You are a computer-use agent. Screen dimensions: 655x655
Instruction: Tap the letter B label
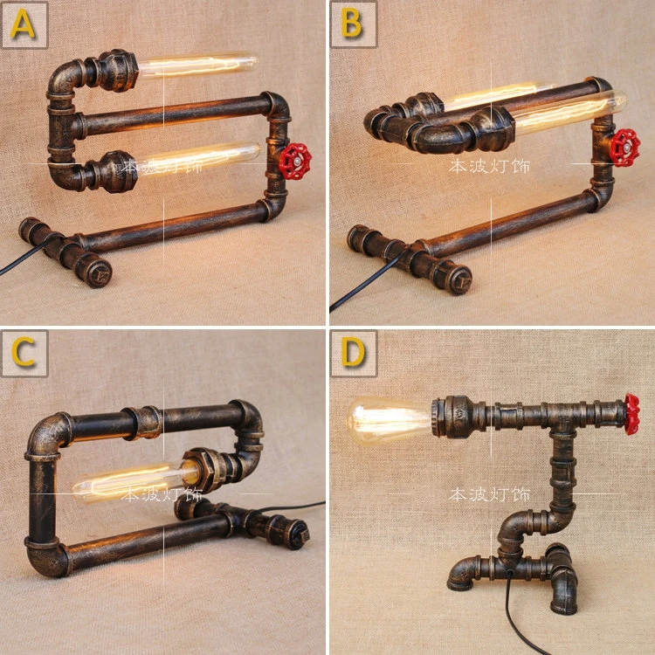(x=352, y=24)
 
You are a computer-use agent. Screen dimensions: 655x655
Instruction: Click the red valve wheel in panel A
(x=295, y=159)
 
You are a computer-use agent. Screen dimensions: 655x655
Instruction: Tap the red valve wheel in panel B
(x=625, y=147)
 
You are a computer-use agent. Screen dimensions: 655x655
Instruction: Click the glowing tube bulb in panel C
(x=131, y=480)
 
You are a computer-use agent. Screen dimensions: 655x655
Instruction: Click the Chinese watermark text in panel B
(x=489, y=165)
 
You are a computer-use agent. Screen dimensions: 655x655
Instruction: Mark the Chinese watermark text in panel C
(x=161, y=494)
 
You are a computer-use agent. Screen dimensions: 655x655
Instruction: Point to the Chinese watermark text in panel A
(x=161, y=165)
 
